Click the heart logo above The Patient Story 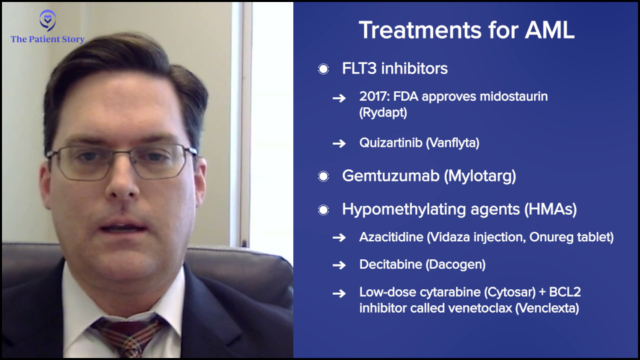[48, 20]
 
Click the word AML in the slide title [549, 30]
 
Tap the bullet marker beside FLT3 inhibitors [323, 69]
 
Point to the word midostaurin [513, 96]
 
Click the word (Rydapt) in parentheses [383, 113]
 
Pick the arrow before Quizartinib [339, 143]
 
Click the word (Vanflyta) [452, 143]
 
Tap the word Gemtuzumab [391, 176]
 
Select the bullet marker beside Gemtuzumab [323, 176]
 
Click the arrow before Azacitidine [339, 237]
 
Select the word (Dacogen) [455, 265]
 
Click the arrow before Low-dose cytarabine [339, 293]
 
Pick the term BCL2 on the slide [565, 292]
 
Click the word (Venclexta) [547, 308]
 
